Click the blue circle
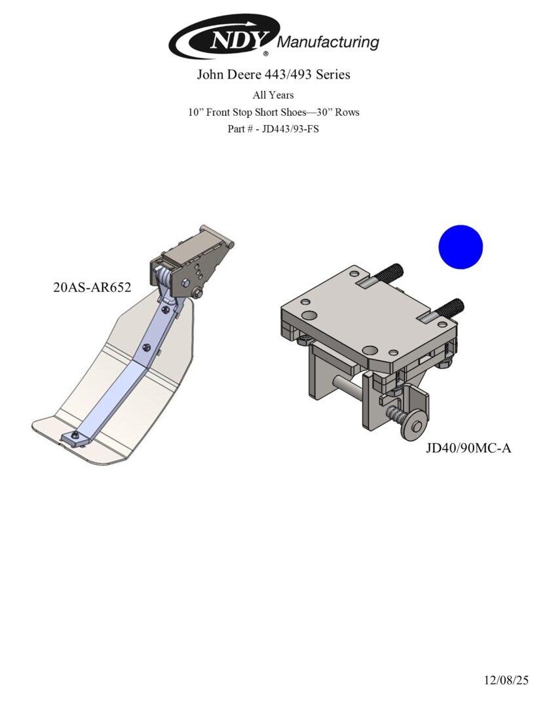pos(461,247)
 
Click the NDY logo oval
pos(224,37)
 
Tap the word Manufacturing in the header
pos(328,42)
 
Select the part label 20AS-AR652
pos(92,287)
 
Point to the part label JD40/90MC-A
pos(468,448)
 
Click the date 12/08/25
pos(506,680)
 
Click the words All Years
pos(273,95)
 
